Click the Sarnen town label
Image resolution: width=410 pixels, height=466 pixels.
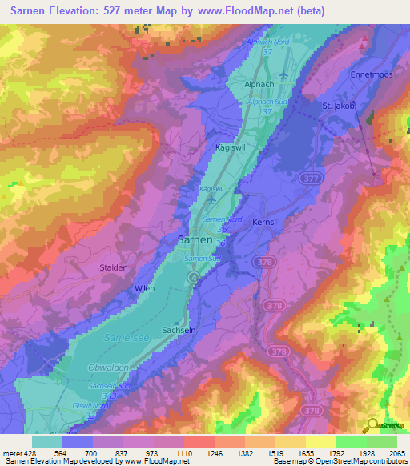195,239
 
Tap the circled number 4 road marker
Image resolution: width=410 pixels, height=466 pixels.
193,276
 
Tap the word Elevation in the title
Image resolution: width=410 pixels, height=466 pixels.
86,10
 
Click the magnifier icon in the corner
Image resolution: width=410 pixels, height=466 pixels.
374,426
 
